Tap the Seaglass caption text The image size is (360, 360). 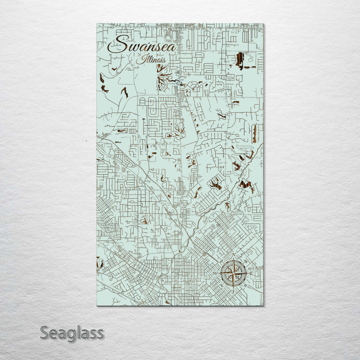(x=72, y=333)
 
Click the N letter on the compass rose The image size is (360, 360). (x=234, y=255)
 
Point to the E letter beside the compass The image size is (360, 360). (x=251, y=274)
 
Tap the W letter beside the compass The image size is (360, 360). (x=215, y=274)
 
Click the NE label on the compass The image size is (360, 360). (x=245, y=261)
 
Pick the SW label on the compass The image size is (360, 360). (x=222, y=286)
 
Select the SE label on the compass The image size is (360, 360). (x=245, y=286)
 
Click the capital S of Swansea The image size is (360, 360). (x=119, y=44)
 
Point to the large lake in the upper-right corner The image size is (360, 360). (x=239, y=60)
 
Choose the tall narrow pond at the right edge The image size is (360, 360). (x=255, y=134)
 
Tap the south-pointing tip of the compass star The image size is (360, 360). (x=233, y=287)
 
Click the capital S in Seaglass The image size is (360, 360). (x=45, y=333)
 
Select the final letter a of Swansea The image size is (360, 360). (x=172, y=48)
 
